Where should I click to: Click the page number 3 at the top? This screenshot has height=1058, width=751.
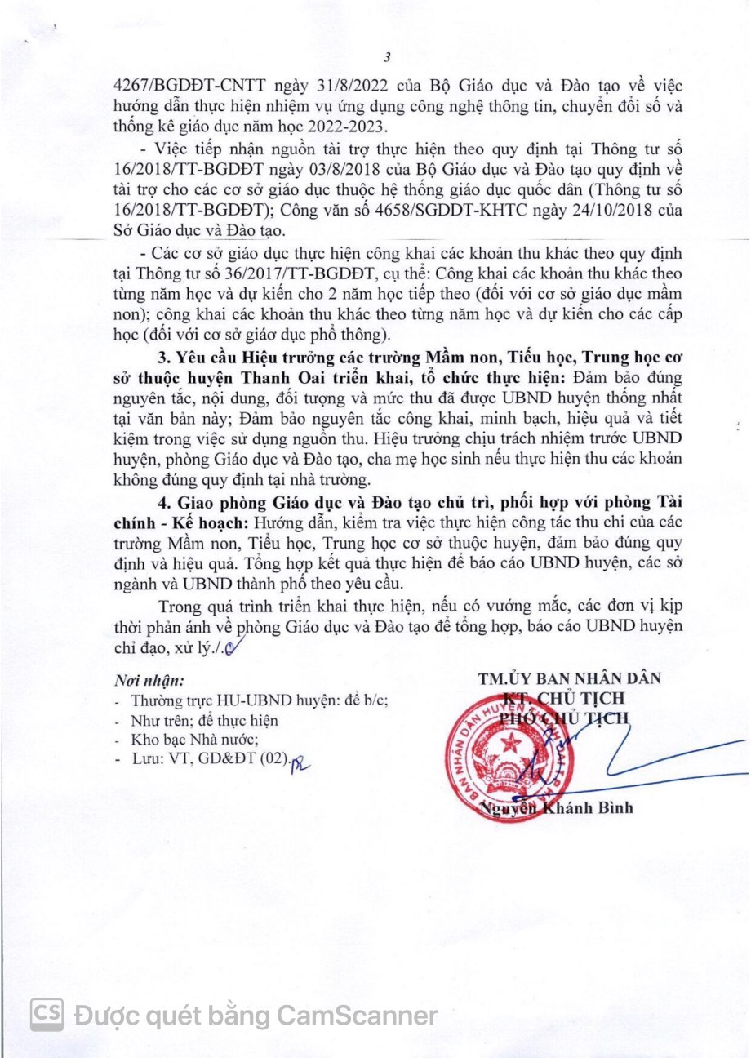point(387,58)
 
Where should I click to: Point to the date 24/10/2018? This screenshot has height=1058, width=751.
point(602,210)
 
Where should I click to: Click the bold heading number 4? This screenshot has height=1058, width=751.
point(162,500)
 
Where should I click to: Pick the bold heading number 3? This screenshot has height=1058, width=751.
point(162,358)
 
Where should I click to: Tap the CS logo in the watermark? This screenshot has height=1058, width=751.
point(47,1014)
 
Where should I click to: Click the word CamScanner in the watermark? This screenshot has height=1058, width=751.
point(356,1016)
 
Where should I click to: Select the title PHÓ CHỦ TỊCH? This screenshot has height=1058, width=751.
point(565,718)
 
